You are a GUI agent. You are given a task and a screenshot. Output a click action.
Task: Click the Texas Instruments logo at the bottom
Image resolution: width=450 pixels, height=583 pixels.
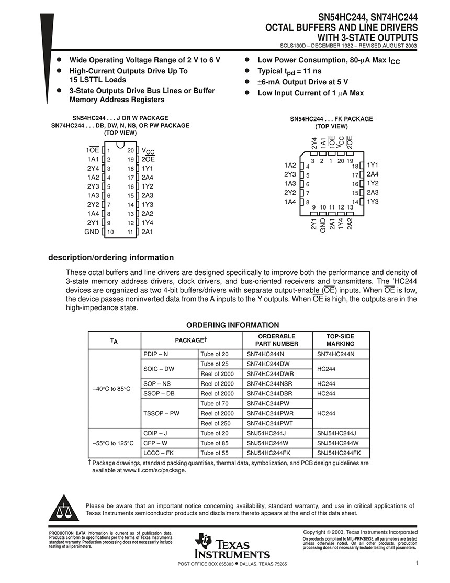[232, 546]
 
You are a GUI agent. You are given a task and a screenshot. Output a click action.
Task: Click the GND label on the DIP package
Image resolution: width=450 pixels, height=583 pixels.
[92, 232]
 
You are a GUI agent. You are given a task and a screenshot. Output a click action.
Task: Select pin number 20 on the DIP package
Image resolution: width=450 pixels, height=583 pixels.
[130, 150]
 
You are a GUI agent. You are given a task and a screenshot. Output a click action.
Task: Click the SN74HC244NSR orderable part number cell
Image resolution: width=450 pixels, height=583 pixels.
[270, 384]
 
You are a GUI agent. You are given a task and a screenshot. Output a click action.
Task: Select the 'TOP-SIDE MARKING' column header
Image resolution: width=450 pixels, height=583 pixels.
[340, 340]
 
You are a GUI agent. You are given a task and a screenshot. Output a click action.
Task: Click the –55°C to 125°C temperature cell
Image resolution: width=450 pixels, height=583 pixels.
[113, 443]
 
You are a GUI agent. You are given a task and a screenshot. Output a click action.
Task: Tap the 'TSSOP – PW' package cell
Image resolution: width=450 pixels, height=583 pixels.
[161, 413]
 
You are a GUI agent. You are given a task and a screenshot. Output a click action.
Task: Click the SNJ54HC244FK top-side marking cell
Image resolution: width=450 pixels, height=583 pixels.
[339, 453]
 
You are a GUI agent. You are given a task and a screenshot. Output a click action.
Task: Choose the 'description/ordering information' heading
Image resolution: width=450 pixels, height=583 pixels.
[111, 258]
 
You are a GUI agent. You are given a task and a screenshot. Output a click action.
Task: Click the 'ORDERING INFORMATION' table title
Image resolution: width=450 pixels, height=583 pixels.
[233, 325]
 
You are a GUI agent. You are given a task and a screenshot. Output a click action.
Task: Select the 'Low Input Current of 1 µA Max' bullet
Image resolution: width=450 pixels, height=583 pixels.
[310, 93]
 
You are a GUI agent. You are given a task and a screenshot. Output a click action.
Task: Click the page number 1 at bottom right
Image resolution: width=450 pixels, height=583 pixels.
[417, 563]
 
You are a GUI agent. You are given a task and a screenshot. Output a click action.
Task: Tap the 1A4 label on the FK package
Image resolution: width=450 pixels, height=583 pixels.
[290, 202]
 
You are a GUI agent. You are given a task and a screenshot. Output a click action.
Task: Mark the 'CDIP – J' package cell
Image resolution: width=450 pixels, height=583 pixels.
[155, 433]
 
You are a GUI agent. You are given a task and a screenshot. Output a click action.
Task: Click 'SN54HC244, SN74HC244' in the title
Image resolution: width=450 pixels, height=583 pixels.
[361, 17]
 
